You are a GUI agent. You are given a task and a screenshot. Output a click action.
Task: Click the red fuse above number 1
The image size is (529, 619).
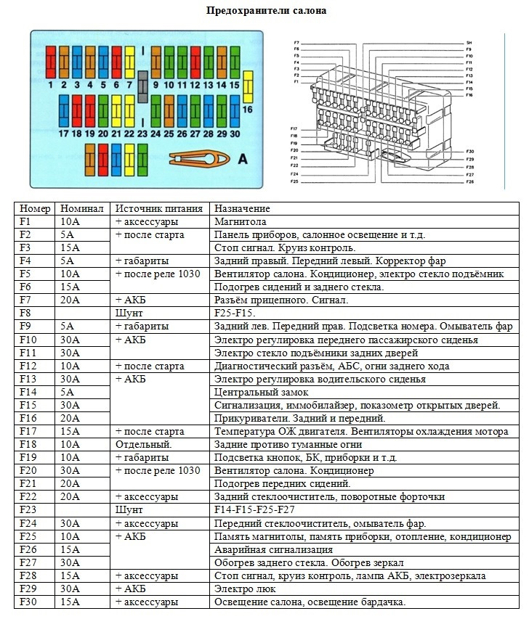pyautogui.click(x=51, y=62)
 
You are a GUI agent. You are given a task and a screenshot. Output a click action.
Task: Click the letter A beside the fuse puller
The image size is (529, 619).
pyautogui.click(x=243, y=159)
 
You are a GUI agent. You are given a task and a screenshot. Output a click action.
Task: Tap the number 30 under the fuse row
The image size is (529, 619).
pyautogui.click(x=234, y=134)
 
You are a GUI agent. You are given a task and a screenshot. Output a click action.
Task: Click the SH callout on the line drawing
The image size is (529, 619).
pyautogui.click(x=469, y=43)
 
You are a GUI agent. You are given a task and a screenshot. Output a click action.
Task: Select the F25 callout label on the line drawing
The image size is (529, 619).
pyautogui.click(x=294, y=181)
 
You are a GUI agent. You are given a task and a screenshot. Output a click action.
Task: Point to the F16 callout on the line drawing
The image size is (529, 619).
pyautogui.click(x=469, y=95)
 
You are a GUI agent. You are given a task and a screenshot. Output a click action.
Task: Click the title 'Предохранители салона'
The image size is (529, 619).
pyautogui.click(x=267, y=11)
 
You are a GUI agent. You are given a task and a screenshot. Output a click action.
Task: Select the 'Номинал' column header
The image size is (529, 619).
pyautogui.click(x=82, y=208)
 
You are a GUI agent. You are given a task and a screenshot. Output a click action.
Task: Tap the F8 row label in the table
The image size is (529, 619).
pyautogui.click(x=25, y=313)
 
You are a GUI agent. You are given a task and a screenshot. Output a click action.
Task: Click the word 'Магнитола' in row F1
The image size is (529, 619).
pyautogui.click(x=241, y=221)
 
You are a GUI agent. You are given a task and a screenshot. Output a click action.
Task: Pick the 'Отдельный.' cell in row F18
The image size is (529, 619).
pyautogui.click(x=143, y=444)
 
